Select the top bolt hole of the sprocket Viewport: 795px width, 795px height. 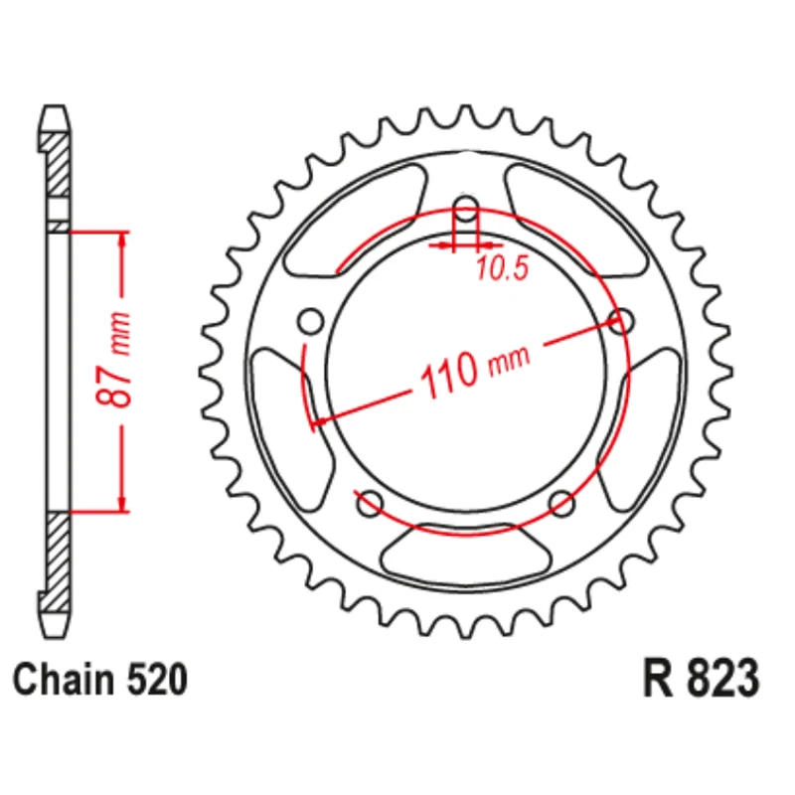tap(465, 211)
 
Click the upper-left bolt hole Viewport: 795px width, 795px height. tap(311, 321)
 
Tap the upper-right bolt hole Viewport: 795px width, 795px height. tap(620, 321)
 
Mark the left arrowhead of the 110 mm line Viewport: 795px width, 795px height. tap(319, 425)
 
